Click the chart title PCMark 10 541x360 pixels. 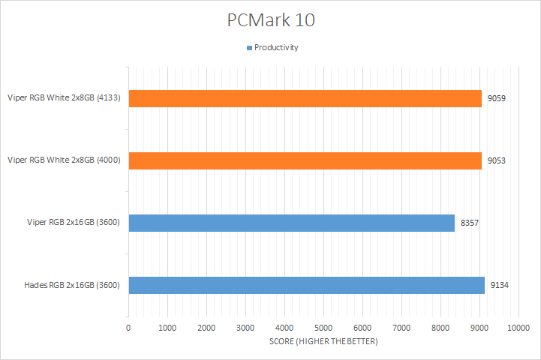[271, 20]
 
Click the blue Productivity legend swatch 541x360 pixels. [249, 47]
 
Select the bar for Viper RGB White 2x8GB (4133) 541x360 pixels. [305, 98]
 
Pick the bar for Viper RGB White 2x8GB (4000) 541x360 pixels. [305, 160]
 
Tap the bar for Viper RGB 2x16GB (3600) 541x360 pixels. [291, 223]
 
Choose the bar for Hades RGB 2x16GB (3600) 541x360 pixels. [306, 285]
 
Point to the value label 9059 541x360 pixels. [496, 98]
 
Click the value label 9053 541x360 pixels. [496, 160]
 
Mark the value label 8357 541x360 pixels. [469, 223]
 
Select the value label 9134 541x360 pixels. [499, 285]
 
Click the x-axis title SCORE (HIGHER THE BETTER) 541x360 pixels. [323, 342]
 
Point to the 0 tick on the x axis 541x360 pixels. [128, 328]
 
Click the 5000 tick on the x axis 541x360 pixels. [323, 328]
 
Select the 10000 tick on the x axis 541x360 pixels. [518, 328]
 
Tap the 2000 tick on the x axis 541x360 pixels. [206, 328]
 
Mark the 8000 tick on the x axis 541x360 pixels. [440, 328]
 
